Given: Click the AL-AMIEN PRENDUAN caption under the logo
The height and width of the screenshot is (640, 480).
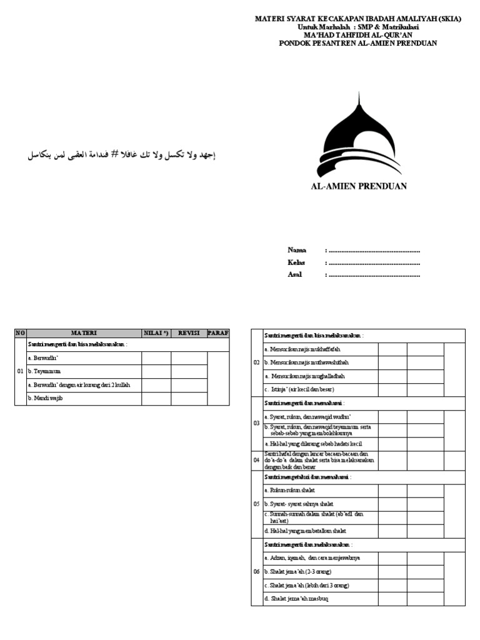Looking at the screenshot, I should click(359, 186).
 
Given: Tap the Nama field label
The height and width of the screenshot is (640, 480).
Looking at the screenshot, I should click(297, 250).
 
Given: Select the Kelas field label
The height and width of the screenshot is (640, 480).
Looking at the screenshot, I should click(296, 262).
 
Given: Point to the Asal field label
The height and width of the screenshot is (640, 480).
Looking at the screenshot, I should click(294, 274).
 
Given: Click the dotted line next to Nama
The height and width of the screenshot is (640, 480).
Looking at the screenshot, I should click(374, 251).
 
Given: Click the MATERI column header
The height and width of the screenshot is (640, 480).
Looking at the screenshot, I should click(84, 333).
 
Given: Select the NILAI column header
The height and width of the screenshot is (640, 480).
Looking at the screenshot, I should click(156, 333).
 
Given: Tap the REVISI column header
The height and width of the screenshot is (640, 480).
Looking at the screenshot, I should click(189, 333).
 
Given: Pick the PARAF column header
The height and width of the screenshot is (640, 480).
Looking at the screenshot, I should click(218, 333).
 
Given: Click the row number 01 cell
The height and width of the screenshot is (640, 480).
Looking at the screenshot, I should click(21, 371).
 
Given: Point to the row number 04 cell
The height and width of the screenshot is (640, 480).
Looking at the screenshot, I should click(256, 459).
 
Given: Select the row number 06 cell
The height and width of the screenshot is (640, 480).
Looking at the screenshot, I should click(256, 571).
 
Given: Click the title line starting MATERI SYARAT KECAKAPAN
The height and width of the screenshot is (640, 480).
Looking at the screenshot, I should click(358, 19).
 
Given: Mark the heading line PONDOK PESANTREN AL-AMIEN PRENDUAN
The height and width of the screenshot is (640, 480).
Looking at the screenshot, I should click(358, 43).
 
